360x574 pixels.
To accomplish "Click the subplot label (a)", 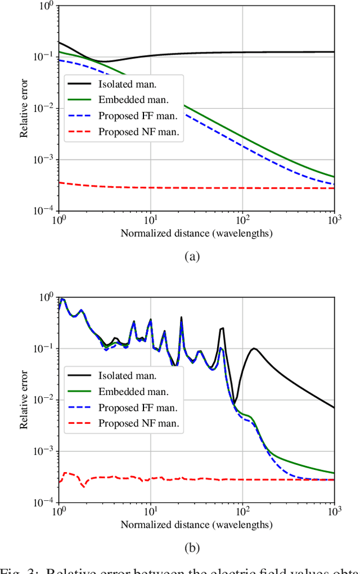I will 192,257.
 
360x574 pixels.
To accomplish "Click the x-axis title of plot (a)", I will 196,233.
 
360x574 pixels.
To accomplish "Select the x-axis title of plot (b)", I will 196,524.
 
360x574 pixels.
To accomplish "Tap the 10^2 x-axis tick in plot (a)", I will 242,221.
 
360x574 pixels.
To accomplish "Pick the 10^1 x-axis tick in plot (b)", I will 150,513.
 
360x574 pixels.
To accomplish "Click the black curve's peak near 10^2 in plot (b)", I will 254,348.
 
